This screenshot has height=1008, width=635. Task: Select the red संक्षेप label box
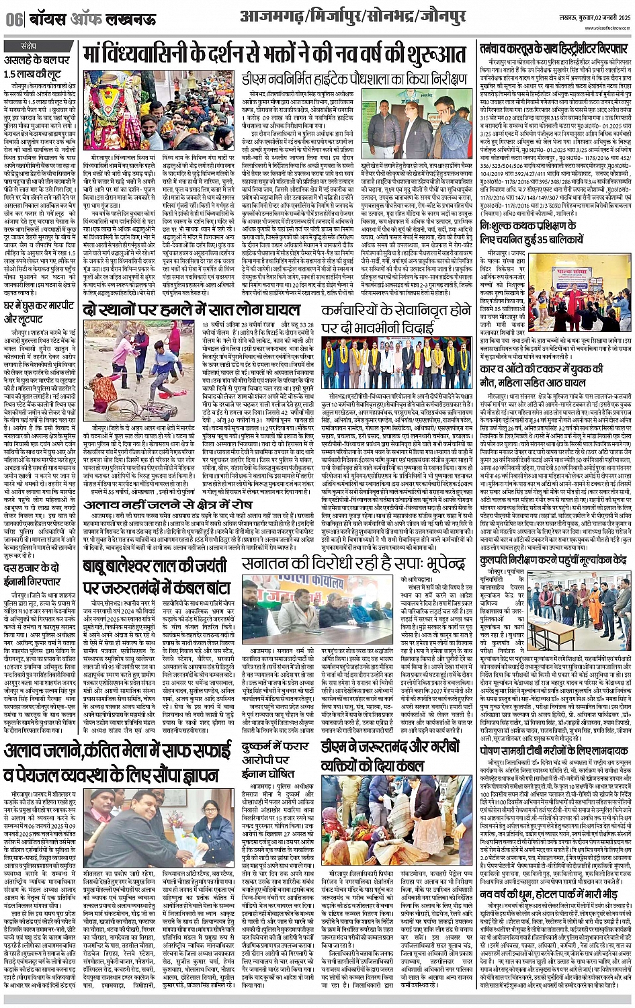point(28,46)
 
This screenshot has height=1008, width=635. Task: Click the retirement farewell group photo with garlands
point(396,363)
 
